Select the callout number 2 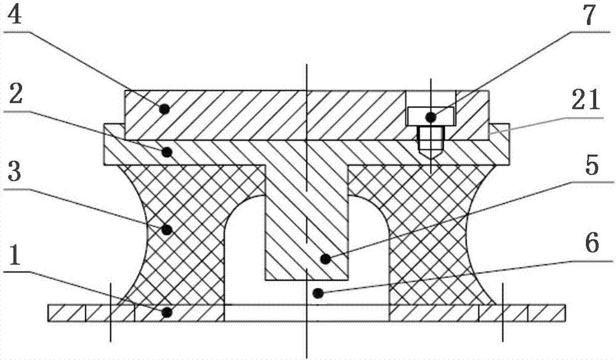15,93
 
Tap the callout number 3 14,170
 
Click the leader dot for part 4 164,109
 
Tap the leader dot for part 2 168,152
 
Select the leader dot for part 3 168,229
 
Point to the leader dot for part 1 167,313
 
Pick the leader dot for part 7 431,117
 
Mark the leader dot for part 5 325,259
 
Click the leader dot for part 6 317,293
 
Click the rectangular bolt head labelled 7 431,117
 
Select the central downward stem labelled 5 306,223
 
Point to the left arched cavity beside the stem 245,252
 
